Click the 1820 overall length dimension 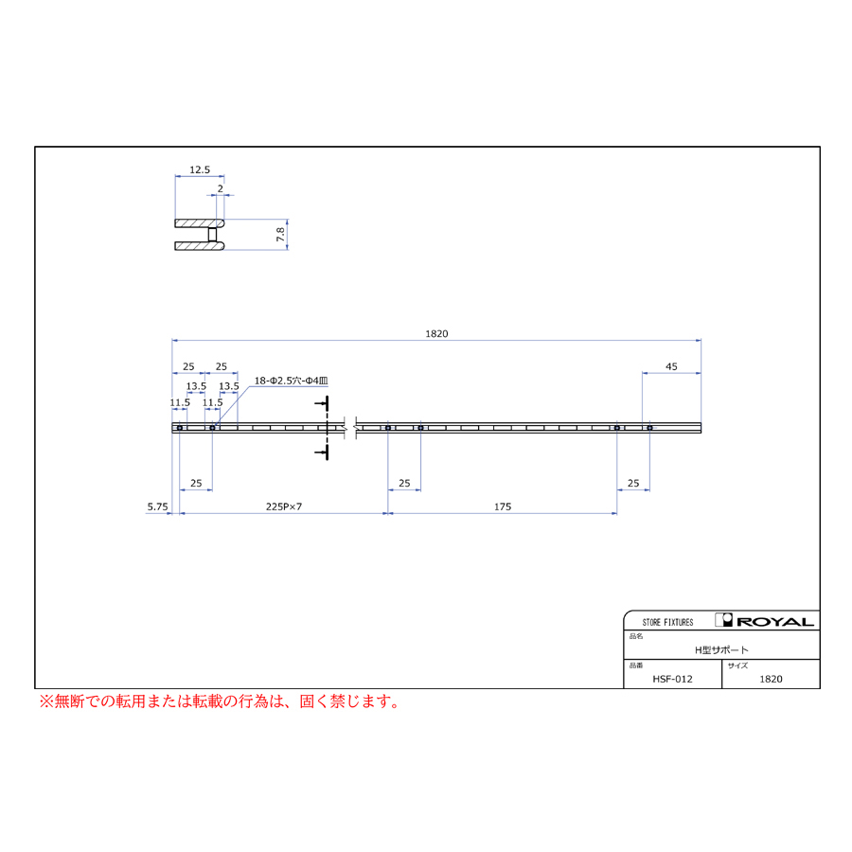coord(436,333)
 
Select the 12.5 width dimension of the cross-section coord(200,169)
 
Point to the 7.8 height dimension coord(280,235)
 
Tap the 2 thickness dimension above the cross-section coord(220,188)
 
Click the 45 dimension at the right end coord(671,366)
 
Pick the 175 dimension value coord(503,506)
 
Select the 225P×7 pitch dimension coord(284,506)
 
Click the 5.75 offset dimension coord(157,506)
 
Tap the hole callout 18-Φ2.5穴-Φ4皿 coord(292,381)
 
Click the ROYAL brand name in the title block coord(775,622)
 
